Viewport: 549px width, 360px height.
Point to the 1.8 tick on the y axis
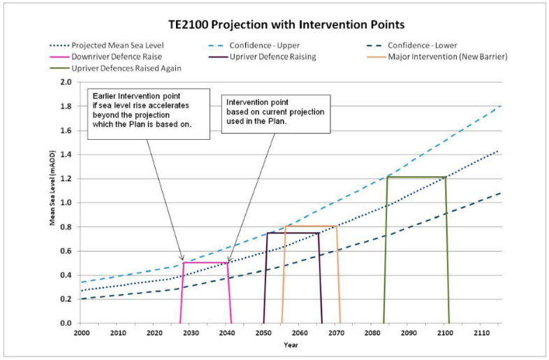[x=66, y=106]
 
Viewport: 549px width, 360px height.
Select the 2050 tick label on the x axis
[x=263, y=332]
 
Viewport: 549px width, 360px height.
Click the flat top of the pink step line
[x=206, y=263]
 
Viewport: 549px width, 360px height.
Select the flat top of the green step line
[x=416, y=177]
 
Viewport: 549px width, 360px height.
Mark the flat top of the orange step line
[x=310, y=226]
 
